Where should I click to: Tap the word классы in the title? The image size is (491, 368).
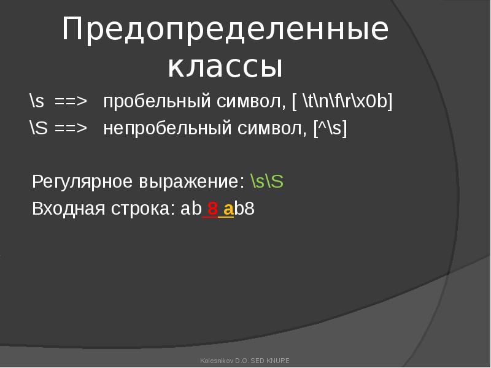coord(225,67)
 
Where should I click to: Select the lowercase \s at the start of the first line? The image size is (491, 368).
coord(37,101)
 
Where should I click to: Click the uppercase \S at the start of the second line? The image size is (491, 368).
coord(39,128)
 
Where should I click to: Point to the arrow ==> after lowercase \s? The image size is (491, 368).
coord(71,101)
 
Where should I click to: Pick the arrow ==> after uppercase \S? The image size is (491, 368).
coord(71,128)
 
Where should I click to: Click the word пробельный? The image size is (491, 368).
coord(157,102)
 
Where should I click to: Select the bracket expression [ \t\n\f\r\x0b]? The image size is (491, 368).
coord(342,101)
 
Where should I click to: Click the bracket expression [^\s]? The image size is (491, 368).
coord(330,128)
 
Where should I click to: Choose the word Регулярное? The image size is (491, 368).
coord(82,182)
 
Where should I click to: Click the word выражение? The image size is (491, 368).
coord(191,182)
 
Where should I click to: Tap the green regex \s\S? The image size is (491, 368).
coord(267,182)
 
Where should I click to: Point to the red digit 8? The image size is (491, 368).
coord(212,209)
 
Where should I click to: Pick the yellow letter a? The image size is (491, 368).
coord(228,209)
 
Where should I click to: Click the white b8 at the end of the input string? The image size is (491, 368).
coord(244,209)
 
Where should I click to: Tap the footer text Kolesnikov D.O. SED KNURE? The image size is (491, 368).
coord(245,361)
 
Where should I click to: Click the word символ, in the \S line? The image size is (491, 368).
coord(272,129)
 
